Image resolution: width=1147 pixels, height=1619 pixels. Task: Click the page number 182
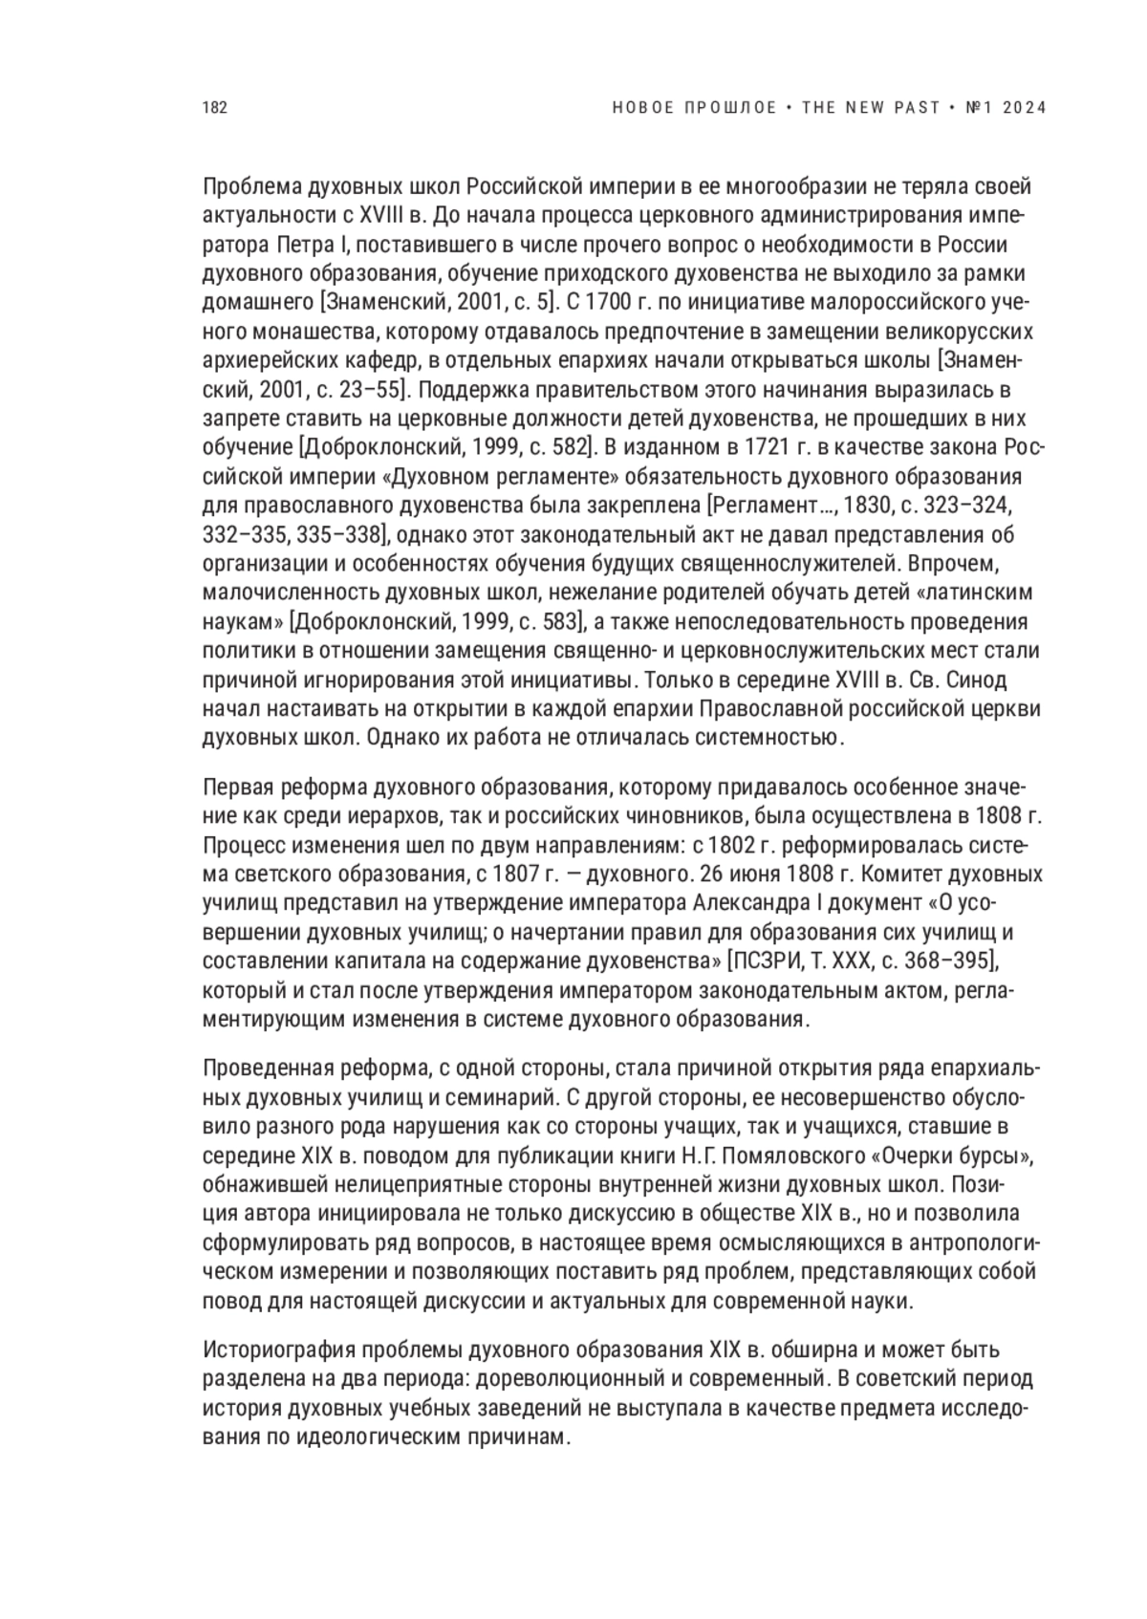tap(215, 108)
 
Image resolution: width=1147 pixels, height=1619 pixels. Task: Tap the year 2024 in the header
tap(1026, 108)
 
